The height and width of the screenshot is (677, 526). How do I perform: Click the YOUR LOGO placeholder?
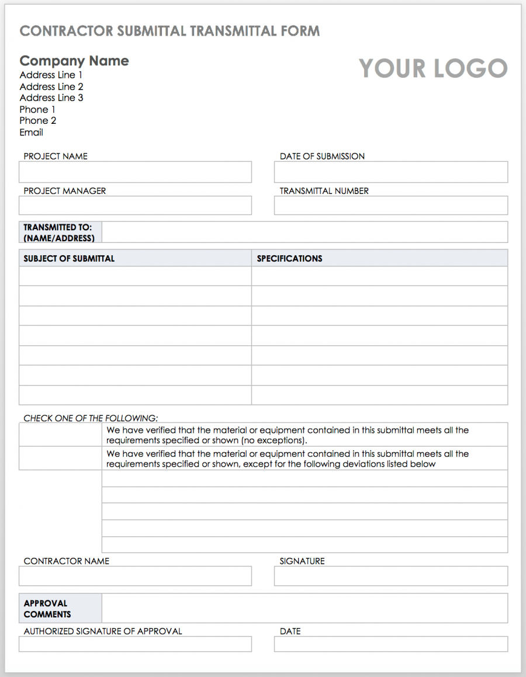tap(432, 68)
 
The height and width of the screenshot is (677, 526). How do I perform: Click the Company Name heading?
tap(74, 61)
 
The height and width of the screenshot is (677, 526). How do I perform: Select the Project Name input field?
tap(135, 172)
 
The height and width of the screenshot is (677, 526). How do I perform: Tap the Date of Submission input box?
tap(390, 172)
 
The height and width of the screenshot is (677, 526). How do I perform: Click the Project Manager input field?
tap(135, 206)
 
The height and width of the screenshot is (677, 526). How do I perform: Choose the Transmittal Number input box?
tap(390, 206)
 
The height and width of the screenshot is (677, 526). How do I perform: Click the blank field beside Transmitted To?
tap(304, 232)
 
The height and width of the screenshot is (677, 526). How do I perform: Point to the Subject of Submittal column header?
tap(69, 258)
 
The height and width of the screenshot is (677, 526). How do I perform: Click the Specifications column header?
tap(289, 258)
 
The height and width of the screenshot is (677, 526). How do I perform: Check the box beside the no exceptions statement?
tap(60, 435)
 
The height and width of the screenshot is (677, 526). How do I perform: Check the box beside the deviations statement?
tap(60, 459)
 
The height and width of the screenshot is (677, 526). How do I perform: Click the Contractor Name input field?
tap(135, 576)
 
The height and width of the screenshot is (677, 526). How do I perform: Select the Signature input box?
tap(390, 576)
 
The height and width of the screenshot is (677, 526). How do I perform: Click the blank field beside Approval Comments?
tap(304, 608)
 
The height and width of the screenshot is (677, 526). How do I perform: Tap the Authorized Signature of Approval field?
tap(135, 644)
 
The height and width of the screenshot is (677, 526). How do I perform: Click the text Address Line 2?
tap(51, 86)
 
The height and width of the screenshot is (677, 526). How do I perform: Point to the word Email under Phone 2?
tap(32, 132)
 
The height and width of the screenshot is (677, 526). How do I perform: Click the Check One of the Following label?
tap(91, 418)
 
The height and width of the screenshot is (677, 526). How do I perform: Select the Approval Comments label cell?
tap(60, 608)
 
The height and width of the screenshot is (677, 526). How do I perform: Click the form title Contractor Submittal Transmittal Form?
tap(169, 31)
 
